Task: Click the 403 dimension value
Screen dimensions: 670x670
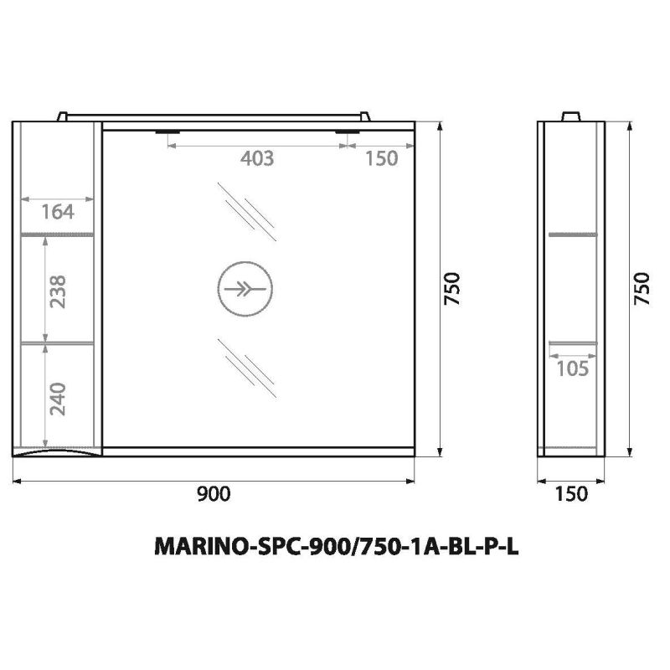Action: (257, 158)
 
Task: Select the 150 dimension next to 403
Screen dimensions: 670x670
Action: (381, 158)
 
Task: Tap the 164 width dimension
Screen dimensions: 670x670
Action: (58, 212)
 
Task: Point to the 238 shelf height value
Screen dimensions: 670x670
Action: (58, 290)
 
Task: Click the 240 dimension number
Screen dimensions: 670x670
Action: (58, 399)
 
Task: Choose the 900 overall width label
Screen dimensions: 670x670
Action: (214, 494)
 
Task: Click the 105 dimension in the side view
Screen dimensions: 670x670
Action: (573, 368)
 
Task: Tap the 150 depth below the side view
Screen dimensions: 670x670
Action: (571, 494)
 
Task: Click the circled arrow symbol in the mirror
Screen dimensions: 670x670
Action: (245, 289)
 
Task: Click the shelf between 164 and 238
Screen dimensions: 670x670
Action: (57, 234)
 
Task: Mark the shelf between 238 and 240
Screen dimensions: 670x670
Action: (57, 343)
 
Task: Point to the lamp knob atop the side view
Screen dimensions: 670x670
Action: (573, 116)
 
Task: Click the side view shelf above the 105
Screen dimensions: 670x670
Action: (573, 343)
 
